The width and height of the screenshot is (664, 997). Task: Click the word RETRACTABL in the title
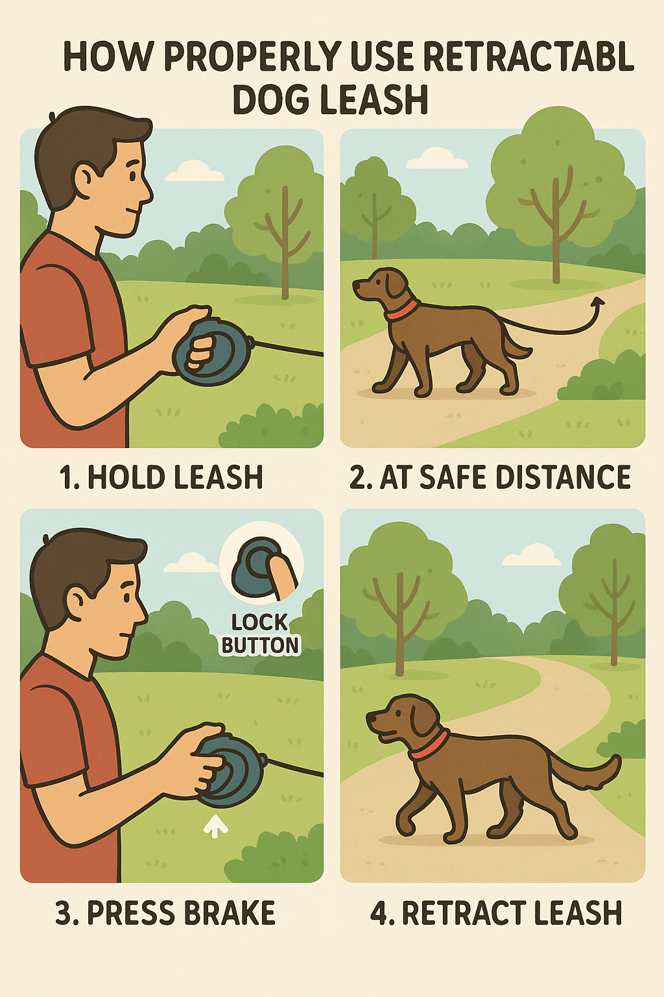(528, 56)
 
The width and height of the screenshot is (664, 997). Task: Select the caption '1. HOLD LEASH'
(161, 477)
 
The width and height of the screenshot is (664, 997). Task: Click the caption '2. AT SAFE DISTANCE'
(490, 477)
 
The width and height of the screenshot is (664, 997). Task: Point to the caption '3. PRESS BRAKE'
(165, 913)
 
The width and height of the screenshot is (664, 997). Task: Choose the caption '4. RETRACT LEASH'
(496, 913)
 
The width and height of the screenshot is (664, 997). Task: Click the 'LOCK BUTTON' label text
(261, 634)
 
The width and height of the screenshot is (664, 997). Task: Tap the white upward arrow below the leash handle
(216, 825)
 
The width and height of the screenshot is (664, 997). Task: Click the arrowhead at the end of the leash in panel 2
(598, 301)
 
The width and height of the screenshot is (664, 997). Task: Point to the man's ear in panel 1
(86, 177)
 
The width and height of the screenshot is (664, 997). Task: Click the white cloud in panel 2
(445, 158)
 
